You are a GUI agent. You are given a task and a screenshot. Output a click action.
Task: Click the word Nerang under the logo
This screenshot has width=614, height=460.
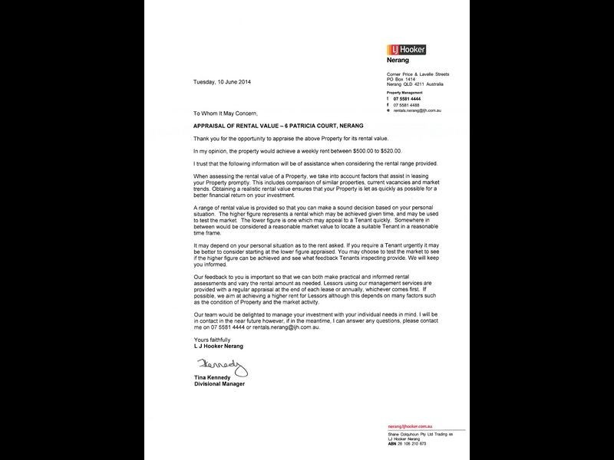point(399,59)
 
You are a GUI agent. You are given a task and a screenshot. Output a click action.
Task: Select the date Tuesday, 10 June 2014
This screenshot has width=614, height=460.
point(221,81)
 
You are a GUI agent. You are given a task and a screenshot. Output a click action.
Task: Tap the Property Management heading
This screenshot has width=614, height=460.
point(404,92)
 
